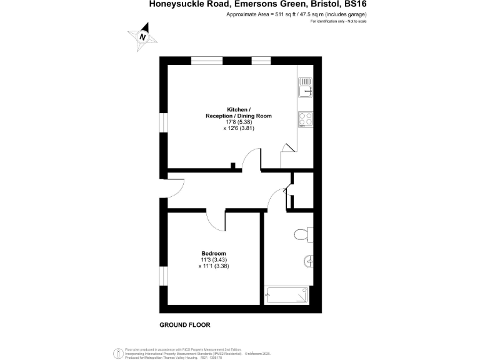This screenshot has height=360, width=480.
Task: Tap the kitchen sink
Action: (305, 87)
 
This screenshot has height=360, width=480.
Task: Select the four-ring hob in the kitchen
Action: (305, 117)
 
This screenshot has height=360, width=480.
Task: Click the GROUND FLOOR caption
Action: (185, 325)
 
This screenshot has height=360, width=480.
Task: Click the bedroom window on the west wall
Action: (162, 274)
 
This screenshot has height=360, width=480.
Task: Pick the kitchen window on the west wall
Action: (162, 124)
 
